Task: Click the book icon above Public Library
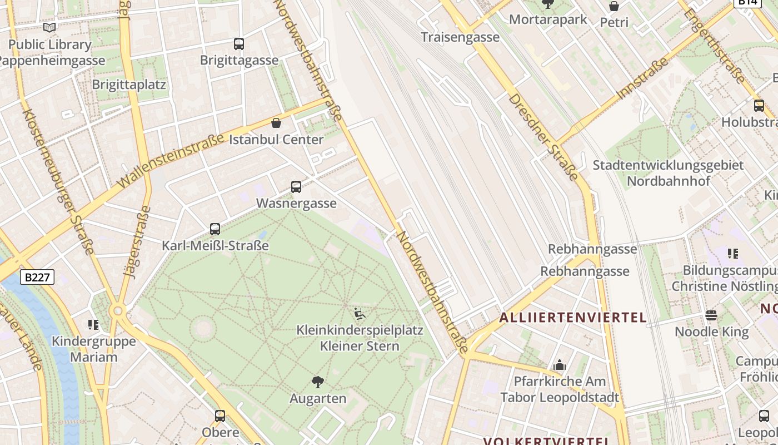click(49, 27)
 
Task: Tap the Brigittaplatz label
click(129, 85)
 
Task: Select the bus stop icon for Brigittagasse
click(239, 43)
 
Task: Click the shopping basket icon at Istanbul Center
click(276, 123)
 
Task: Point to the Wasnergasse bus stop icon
click(296, 187)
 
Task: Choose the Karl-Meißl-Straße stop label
click(215, 245)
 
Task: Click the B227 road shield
click(37, 277)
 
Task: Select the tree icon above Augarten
click(318, 382)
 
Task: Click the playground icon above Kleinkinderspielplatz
click(360, 314)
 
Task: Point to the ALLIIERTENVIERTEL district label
click(573, 318)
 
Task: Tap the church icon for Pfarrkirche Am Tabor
click(560, 365)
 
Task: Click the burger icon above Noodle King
click(711, 315)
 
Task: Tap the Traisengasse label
click(460, 37)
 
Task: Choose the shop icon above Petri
click(614, 6)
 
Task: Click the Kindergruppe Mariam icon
click(93, 324)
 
